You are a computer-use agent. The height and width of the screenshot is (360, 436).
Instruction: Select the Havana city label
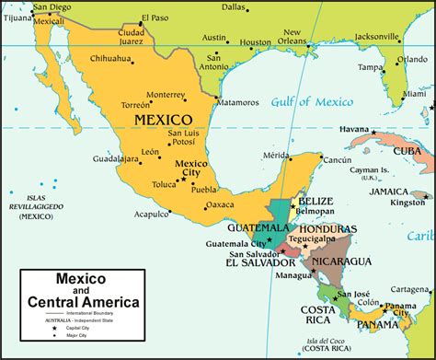[x=355, y=129]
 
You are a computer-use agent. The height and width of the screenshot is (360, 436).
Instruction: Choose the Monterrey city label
[x=191, y=94]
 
